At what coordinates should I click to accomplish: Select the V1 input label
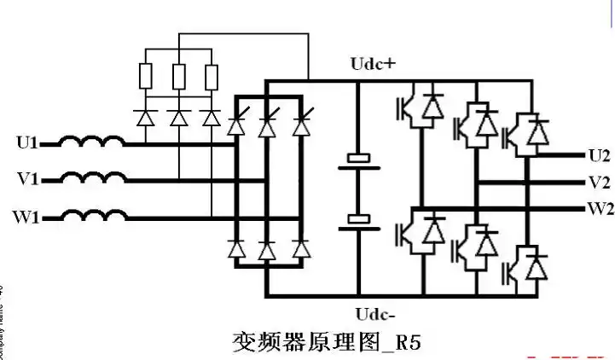click(x=28, y=179)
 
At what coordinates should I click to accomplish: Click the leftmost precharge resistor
click(x=146, y=78)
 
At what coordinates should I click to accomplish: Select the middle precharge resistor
click(x=178, y=78)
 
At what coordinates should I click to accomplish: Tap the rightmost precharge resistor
click(x=210, y=78)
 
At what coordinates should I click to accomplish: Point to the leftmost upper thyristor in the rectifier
click(x=236, y=125)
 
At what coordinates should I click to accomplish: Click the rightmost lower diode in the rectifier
click(x=299, y=249)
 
